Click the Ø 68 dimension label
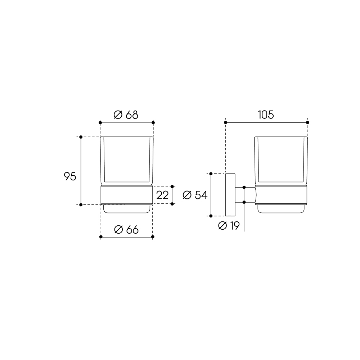(126, 115)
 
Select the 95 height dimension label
(70, 176)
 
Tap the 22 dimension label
(162, 195)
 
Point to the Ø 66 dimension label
(126, 230)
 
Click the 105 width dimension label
(266, 115)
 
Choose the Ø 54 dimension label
(195, 195)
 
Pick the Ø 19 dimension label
(229, 226)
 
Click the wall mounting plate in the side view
(230, 195)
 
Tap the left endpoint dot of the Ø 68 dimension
(100, 123)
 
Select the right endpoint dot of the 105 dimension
(308, 122)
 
